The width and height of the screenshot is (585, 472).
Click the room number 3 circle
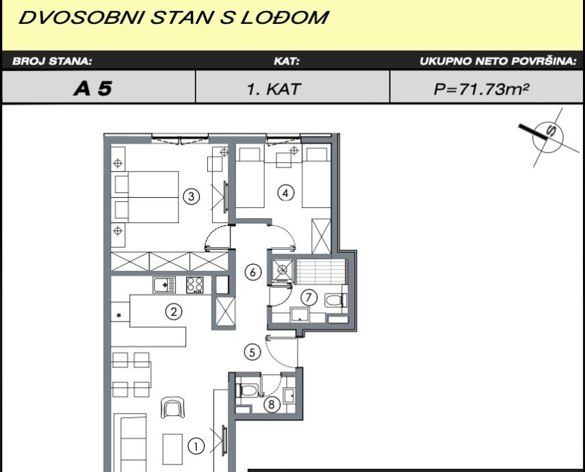191,196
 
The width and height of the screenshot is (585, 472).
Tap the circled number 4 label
286,193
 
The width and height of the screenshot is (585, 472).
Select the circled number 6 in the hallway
253,272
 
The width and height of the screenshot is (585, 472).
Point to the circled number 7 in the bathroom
309,298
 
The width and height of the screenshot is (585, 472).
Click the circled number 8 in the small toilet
272,404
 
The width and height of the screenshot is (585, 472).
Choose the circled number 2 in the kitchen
174,311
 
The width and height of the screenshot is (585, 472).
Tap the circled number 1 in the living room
196,446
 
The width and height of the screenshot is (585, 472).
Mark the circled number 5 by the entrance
252,352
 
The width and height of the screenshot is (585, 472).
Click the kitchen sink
164,285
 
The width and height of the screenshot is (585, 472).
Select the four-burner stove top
195,285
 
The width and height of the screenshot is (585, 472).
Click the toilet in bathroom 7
336,300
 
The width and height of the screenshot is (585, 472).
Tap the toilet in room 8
246,391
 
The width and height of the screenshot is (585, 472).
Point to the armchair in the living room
172,408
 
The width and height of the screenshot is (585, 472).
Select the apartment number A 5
93,88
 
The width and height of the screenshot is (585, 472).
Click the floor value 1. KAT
274,89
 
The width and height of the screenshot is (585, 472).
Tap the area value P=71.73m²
481,89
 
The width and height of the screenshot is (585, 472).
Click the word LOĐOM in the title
285,18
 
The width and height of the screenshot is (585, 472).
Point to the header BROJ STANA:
52,61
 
